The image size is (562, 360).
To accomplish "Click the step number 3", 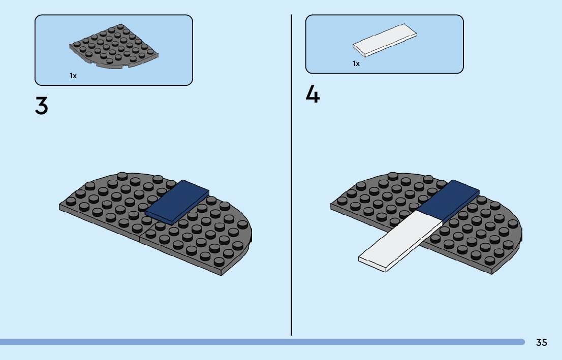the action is click(42, 105).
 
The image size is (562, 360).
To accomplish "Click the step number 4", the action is click(313, 95).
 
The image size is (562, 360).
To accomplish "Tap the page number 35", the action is click(541, 343).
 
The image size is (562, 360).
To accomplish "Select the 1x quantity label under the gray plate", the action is click(73, 76).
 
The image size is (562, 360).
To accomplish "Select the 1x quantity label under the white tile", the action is click(356, 63).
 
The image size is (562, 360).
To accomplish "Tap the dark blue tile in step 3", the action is click(177, 202).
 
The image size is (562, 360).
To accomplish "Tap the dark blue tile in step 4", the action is click(448, 200).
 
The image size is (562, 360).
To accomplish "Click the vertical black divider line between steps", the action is click(292, 203).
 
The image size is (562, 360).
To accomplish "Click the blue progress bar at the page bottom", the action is click(254, 342).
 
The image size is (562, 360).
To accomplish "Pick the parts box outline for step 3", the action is click(114, 15).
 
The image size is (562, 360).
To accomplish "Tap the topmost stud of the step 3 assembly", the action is click(122, 176).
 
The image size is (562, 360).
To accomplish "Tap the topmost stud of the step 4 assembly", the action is click(393, 176).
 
